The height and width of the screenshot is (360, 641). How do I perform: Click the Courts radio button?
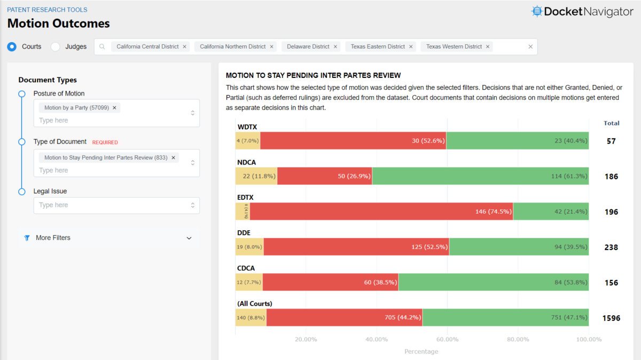click(12, 46)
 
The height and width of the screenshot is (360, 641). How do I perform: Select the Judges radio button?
click(56, 46)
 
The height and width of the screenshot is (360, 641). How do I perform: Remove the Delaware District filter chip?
click(335, 46)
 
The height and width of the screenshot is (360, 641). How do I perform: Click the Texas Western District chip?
click(454, 46)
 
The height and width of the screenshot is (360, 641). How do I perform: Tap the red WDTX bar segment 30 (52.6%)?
click(353, 140)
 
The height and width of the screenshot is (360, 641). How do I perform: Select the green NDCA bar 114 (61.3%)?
click(480, 176)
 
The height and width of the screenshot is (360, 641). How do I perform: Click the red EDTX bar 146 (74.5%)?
click(381, 212)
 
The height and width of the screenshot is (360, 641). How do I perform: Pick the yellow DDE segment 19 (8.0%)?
click(249, 247)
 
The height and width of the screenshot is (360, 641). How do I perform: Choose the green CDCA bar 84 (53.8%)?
click(494, 282)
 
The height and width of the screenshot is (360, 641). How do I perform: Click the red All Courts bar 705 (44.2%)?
click(345, 317)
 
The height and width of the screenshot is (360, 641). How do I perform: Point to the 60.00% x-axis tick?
click(447, 340)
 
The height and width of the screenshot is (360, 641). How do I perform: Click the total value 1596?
click(611, 318)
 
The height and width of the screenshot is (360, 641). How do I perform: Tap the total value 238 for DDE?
click(611, 247)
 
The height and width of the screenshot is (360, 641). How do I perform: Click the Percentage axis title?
click(421, 351)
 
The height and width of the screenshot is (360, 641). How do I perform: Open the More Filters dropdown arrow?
click(189, 238)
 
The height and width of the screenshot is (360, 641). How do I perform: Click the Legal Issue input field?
click(112, 205)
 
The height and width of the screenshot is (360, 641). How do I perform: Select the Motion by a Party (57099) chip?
click(76, 107)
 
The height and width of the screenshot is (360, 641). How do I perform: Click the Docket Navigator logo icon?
click(536, 11)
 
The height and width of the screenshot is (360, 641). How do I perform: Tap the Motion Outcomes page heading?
click(59, 24)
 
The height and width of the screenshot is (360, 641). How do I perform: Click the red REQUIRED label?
click(105, 143)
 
